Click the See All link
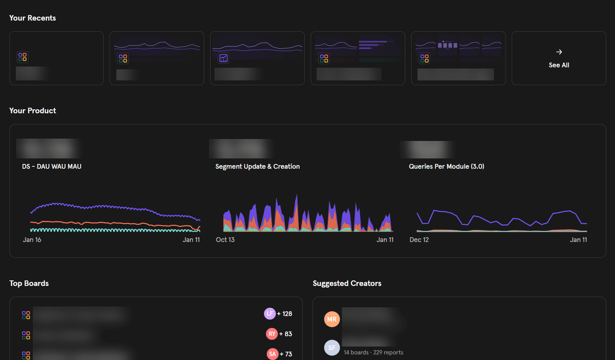point(559,65)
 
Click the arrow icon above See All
point(559,52)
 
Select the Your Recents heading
point(32,18)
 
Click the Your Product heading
point(32,110)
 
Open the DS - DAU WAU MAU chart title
point(52,166)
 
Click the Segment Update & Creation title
point(257,166)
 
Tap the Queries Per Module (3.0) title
point(446,166)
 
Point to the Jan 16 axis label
point(32,240)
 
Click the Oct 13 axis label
point(225,240)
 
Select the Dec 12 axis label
point(419,240)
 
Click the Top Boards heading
point(29,283)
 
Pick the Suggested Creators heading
point(347,283)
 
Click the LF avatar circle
point(270,314)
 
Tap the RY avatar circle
point(271,334)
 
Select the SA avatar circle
point(272,354)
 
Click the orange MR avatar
point(332,319)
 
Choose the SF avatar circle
point(332,348)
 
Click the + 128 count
point(285,314)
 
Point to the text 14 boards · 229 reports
point(373,352)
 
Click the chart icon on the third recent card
point(224,58)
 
